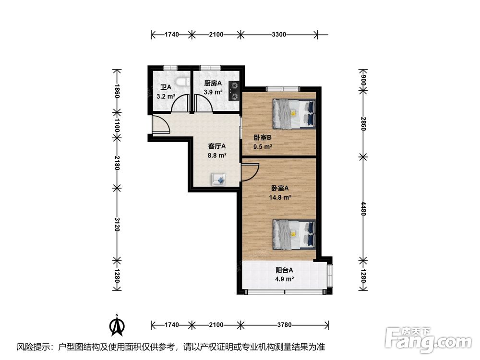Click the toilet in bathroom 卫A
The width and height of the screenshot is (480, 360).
click(182, 83)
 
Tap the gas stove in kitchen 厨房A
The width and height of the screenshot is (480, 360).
click(234, 91)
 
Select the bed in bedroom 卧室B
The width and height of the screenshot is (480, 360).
click(294, 114)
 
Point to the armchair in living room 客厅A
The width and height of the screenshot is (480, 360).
click(218, 179)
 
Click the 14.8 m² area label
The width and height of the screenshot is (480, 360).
click(280, 197)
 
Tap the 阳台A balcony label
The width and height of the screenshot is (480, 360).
click(284, 270)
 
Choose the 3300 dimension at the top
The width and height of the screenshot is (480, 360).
click(279, 34)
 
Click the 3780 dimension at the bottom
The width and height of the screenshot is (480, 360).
click(284, 325)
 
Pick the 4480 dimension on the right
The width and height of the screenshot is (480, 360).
click(363, 208)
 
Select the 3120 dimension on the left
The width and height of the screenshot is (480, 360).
click(117, 224)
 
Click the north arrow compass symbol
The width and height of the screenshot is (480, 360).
click(117, 325)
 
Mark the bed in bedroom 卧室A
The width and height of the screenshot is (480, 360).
click(294, 235)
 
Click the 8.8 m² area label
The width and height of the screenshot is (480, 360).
click(217, 156)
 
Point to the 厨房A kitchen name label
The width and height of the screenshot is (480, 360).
click(213, 83)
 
